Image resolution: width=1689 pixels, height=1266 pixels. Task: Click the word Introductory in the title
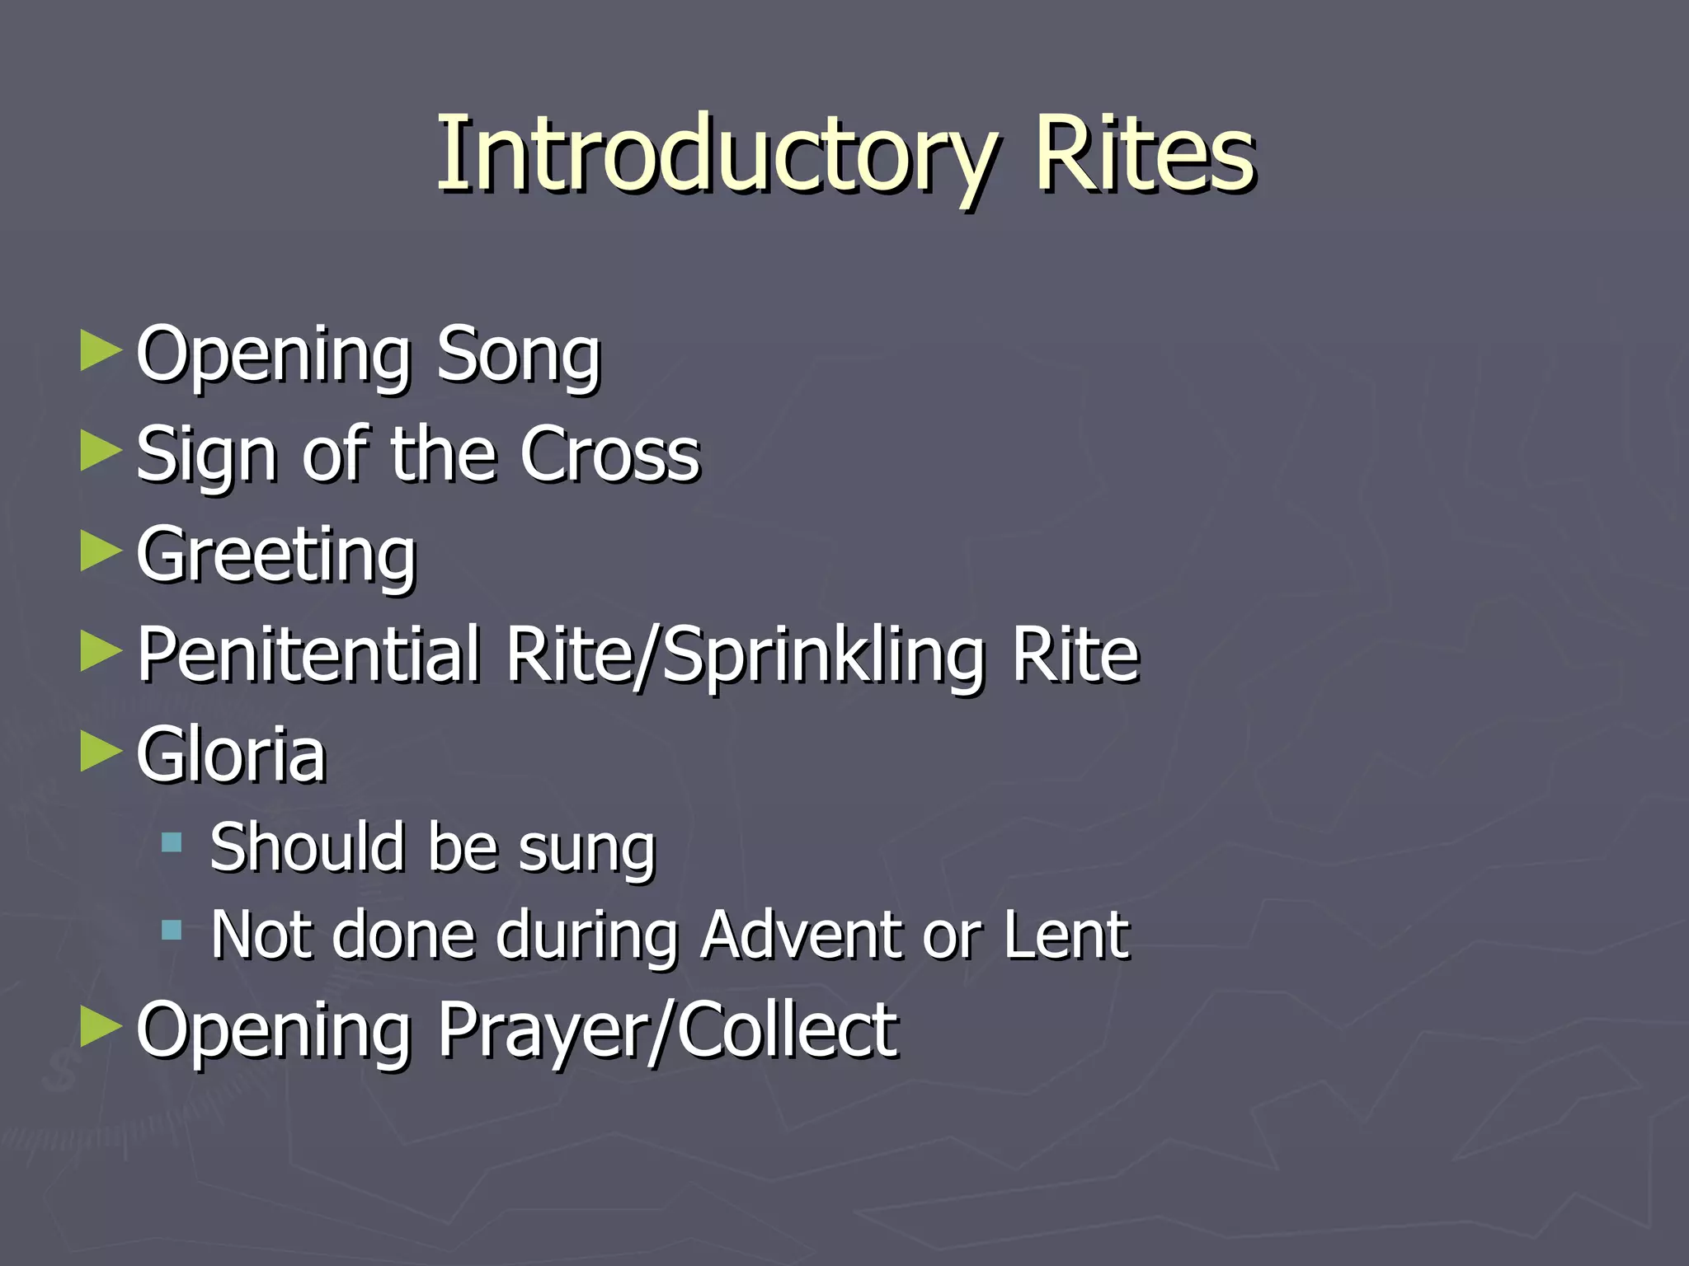click(716, 155)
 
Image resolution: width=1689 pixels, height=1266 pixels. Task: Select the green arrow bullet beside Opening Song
click(101, 351)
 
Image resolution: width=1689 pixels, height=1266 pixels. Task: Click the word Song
click(518, 356)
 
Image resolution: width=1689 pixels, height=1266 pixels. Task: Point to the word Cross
click(610, 455)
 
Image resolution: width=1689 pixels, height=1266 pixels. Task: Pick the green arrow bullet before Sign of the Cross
click(101, 452)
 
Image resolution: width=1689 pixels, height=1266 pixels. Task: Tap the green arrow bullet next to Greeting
click(101, 551)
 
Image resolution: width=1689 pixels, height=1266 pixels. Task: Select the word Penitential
click(308, 654)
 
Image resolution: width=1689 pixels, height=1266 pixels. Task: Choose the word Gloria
click(231, 754)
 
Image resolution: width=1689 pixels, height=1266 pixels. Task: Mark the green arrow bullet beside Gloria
click(101, 752)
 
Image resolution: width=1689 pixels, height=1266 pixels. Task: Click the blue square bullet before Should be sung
click(172, 842)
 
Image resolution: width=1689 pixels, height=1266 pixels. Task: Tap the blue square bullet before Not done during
click(172, 931)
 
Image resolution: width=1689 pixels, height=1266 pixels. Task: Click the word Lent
click(1066, 935)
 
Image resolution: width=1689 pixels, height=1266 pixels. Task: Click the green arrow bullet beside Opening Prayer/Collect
click(101, 1027)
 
